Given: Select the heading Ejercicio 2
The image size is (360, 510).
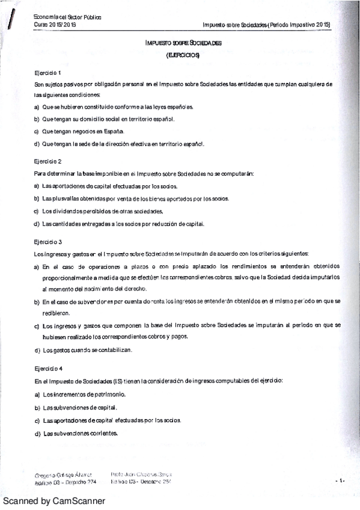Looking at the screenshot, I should pos(48,161).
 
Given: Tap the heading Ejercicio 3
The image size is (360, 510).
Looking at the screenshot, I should pos(48,242).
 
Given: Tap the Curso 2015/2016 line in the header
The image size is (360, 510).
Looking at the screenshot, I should pos(56,25).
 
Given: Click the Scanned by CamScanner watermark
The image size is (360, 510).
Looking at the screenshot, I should pos(54,501).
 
